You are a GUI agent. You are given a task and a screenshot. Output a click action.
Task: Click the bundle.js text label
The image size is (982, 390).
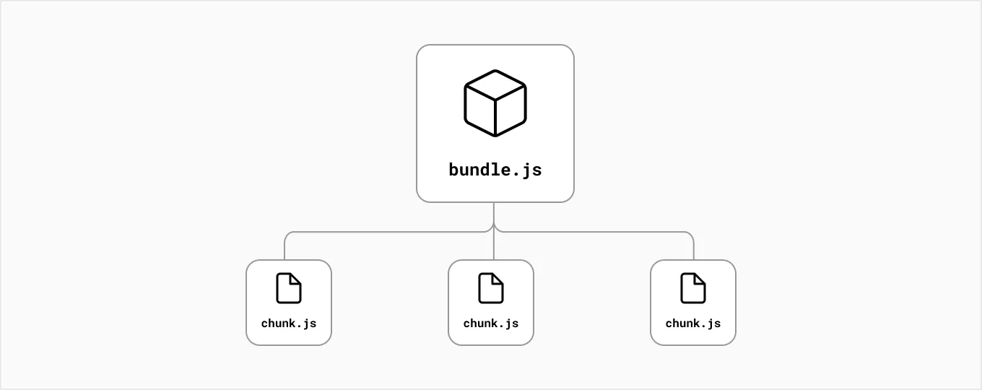tap(495, 170)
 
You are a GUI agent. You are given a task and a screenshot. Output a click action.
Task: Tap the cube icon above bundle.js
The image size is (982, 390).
tap(495, 103)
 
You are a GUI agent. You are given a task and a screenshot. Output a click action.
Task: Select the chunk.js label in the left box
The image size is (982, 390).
tap(289, 324)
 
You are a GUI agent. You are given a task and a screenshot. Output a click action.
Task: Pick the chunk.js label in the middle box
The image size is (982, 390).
tap(491, 324)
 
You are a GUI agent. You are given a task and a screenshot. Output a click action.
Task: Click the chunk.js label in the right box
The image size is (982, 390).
tap(693, 324)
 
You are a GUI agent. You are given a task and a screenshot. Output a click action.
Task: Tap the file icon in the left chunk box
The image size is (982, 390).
tap(289, 288)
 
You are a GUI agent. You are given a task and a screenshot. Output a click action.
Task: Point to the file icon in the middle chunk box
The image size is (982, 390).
tap(491, 288)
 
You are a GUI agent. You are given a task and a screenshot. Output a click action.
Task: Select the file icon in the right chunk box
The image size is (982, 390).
tap(693, 288)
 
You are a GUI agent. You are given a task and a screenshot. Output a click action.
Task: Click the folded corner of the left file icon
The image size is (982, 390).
tap(296, 279)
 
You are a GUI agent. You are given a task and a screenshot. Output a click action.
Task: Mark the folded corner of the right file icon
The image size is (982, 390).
tap(700, 279)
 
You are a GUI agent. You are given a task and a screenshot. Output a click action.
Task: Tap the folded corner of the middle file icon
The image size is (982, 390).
tap(498, 279)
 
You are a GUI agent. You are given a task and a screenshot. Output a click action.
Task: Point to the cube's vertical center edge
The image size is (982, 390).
tap(495, 116)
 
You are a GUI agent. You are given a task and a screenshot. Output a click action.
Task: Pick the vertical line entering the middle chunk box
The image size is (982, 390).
tap(494, 249)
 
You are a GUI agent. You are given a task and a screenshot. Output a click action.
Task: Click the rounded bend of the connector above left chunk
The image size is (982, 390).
tap(287, 235)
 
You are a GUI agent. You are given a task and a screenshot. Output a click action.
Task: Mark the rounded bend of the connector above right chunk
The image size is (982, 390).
tap(691, 235)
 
